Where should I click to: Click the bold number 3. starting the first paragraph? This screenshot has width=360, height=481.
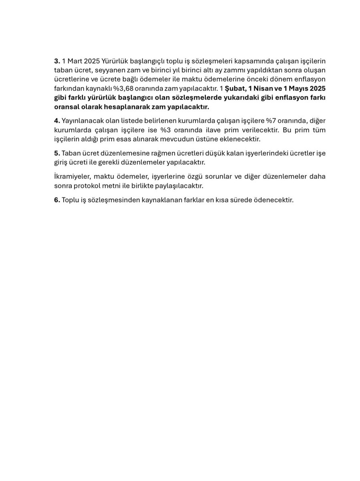pos(57,61)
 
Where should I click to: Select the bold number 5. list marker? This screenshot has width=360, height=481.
pos(57,154)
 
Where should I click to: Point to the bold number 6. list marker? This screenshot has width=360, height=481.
pos(57,200)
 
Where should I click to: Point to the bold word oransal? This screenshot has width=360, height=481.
pos(67,107)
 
